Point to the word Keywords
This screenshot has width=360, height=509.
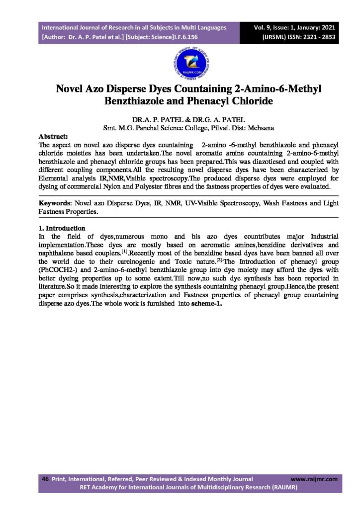55,204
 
